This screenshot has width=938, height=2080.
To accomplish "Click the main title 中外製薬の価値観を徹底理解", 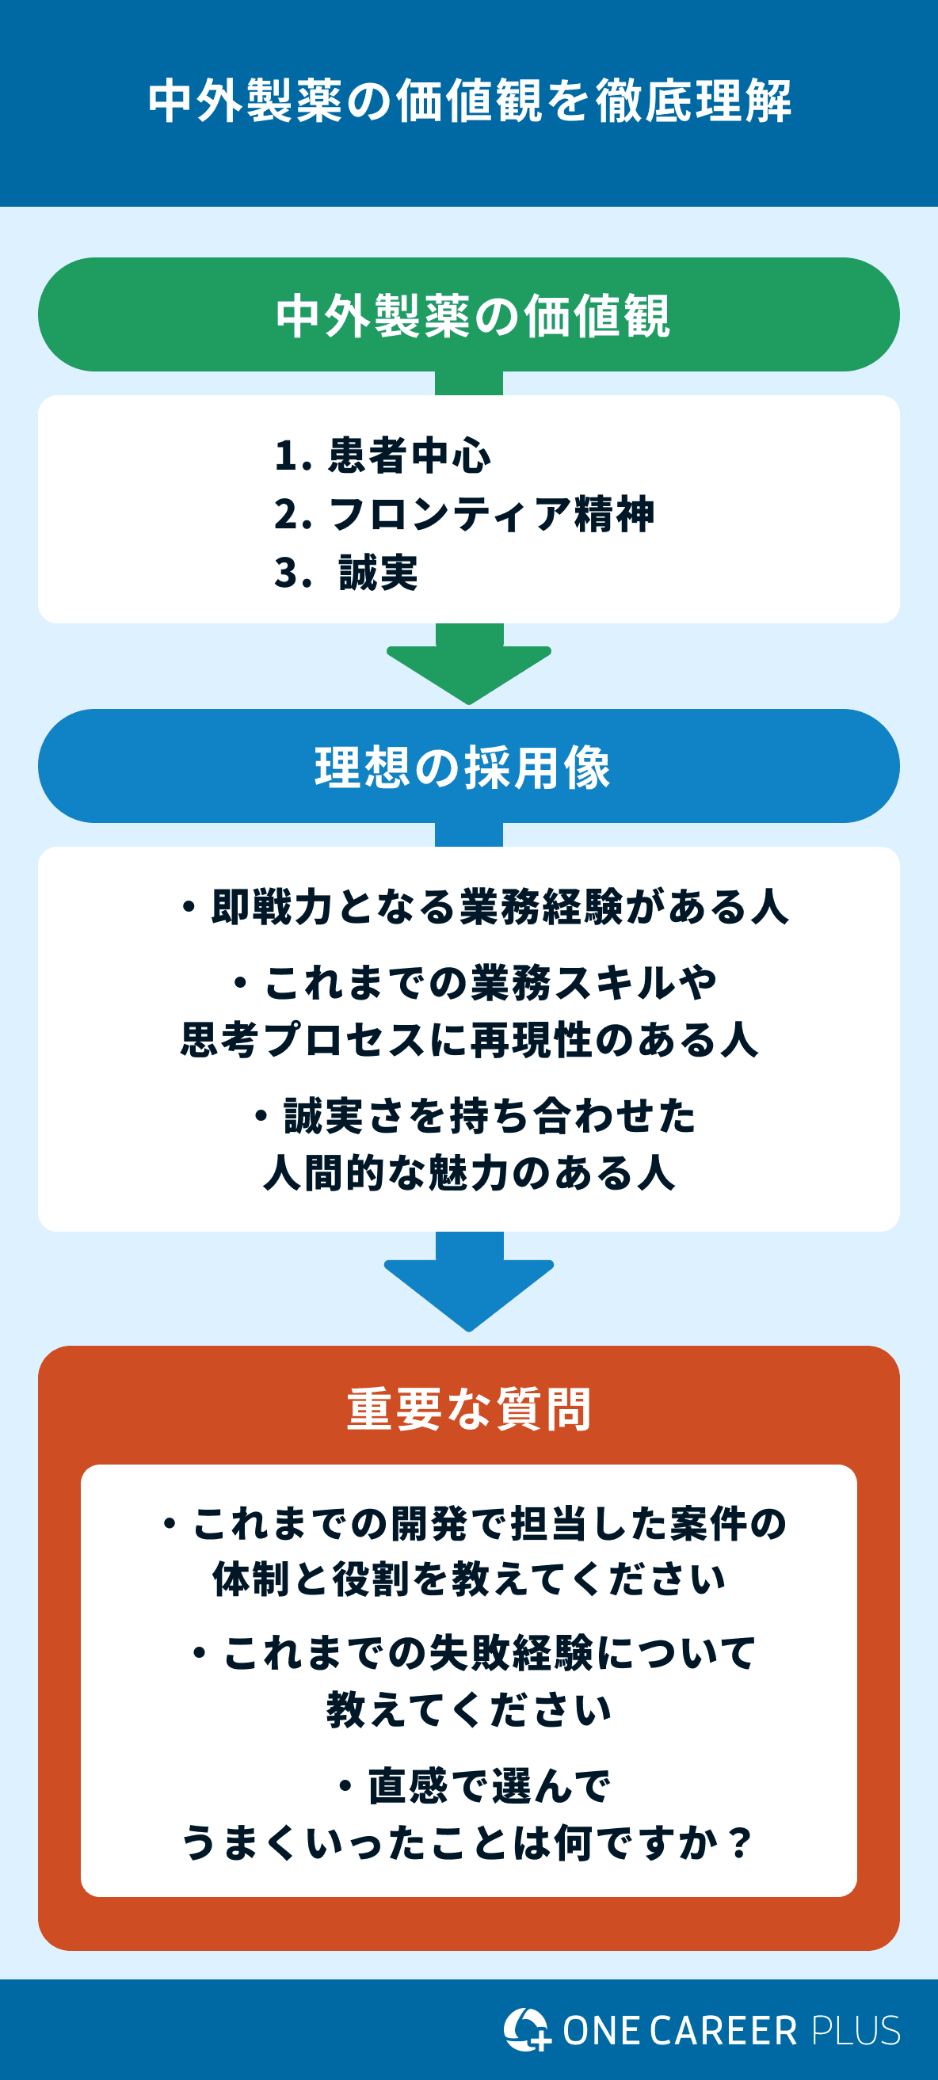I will (x=468, y=101).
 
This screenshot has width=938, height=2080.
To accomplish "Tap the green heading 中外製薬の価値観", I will (x=473, y=316).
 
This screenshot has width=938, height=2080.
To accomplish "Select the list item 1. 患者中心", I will (x=382, y=455).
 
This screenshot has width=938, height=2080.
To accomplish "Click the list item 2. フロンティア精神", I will (x=464, y=514).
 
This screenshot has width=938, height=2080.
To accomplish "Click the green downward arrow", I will (x=468, y=666).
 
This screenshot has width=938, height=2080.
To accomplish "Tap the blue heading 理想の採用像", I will (x=463, y=767).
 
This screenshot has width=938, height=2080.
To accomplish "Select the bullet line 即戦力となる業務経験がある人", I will (x=485, y=907).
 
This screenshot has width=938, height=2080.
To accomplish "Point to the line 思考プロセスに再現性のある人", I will (x=468, y=1039).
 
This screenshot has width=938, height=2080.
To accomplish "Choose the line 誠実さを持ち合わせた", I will (x=475, y=1116).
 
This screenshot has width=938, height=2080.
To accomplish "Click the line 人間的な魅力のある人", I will (x=468, y=1172).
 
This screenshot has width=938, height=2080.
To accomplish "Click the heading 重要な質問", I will (x=468, y=1410).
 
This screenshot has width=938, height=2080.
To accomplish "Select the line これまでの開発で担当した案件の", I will (x=475, y=1524).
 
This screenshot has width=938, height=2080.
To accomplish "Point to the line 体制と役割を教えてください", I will (x=468, y=1580).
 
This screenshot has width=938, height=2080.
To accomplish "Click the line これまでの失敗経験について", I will (x=475, y=1653).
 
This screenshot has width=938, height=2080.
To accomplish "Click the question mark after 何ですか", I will (x=738, y=1843).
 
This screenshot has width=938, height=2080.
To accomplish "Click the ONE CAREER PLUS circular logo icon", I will (x=526, y=2029).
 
